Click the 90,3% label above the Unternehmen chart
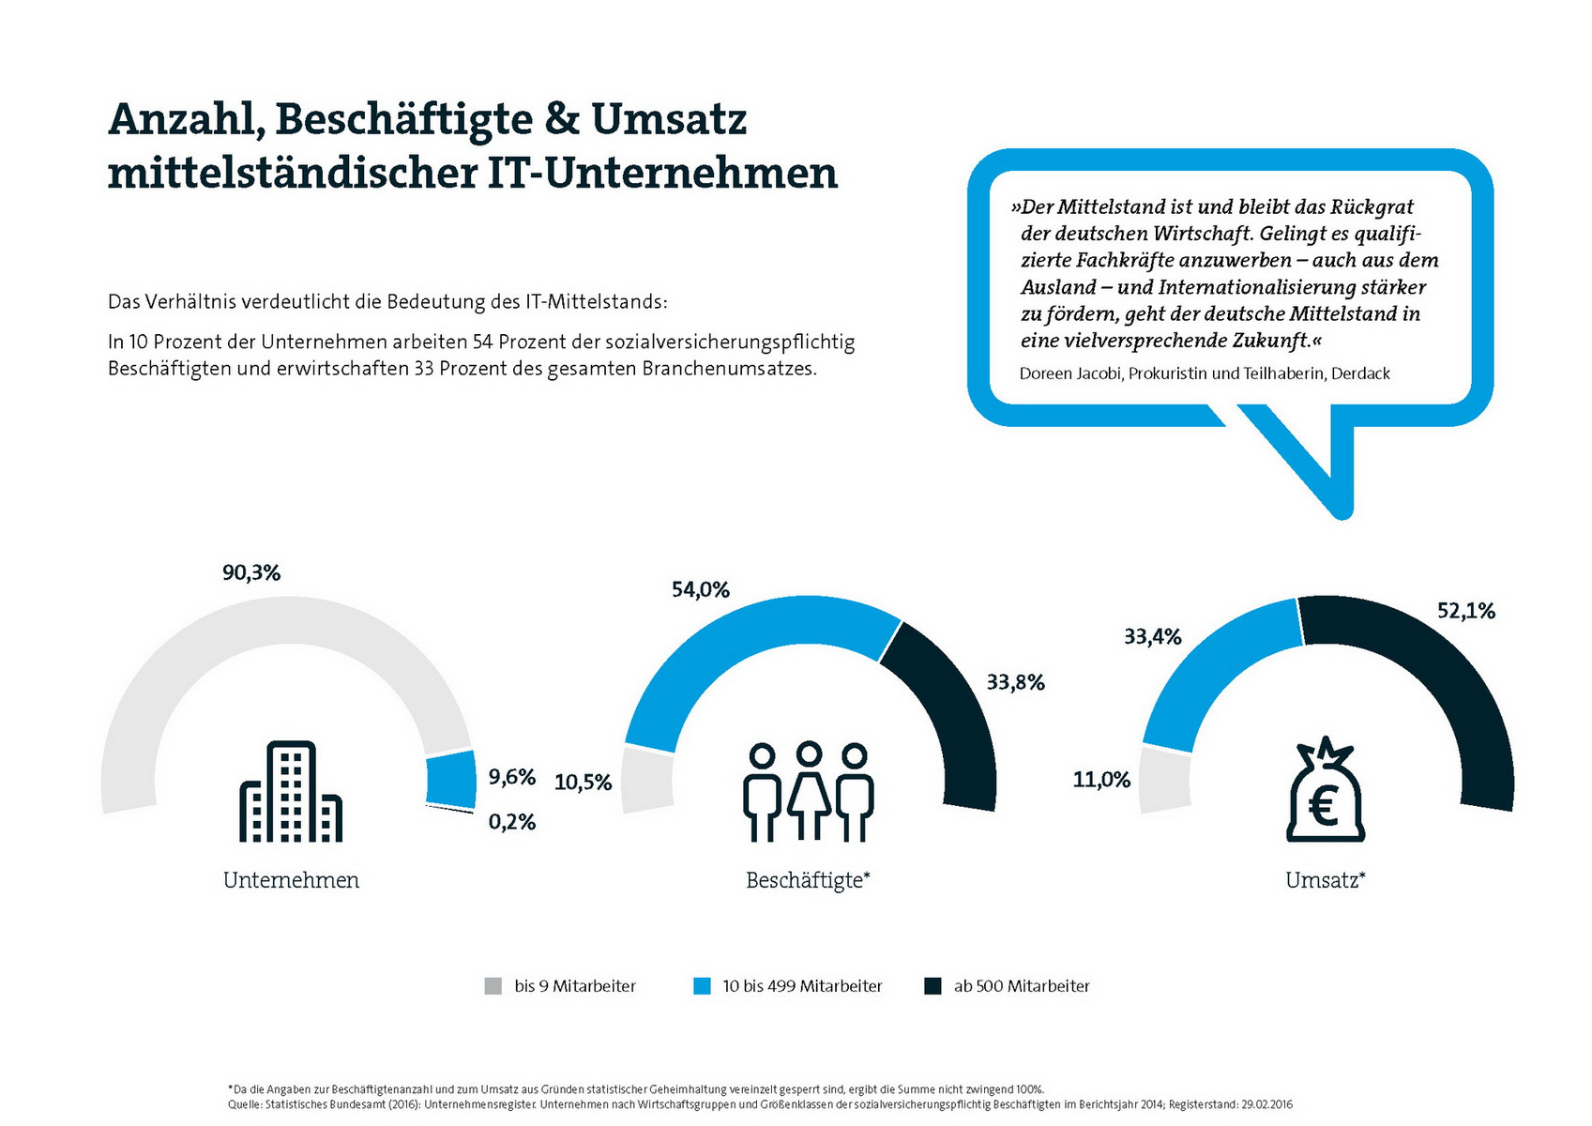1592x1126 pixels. (x=250, y=572)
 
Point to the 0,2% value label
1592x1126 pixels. (x=512, y=822)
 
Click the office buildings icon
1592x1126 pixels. (x=291, y=792)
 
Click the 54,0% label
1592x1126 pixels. (x=700, y=589)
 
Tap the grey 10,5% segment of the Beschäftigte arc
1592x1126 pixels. (x=647, y=780)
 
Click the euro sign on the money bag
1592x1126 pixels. (x=1323, y=806)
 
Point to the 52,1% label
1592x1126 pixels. (x=1466, y=611)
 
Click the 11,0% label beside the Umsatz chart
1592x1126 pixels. (x=1101, y=779)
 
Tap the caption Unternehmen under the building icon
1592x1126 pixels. (x=291, y=880)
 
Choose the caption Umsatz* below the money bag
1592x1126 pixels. (x=1325, y=880)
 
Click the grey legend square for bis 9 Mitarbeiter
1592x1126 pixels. (x=493, y=986)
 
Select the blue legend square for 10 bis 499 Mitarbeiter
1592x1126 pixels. (x=702, y=986)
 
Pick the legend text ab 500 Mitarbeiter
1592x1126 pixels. (x=1022, y=986)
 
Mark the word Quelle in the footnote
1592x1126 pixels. (x=243, y=1104)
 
